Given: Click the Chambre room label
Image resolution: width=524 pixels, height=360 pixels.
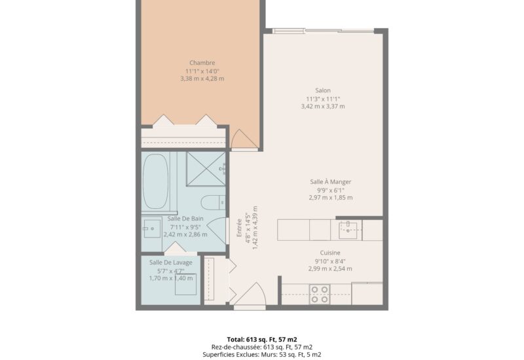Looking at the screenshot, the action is click(x=202, y=63).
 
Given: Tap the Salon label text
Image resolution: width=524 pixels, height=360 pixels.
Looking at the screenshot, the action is click(x=323, y=90).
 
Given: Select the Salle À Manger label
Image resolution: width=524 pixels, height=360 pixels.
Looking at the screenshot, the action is click(x=331, y=182).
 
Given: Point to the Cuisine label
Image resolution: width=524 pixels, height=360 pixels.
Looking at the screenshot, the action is click(x=330, y=253).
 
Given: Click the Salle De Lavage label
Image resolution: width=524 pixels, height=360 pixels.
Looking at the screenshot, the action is click(x=171, y=262).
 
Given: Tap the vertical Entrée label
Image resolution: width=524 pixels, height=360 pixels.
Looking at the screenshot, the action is click(x=239, y=228).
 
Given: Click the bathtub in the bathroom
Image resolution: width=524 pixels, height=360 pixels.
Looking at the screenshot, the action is click(x=155, y=181).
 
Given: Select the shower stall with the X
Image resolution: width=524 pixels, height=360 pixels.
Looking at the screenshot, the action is click(x=206, y=169).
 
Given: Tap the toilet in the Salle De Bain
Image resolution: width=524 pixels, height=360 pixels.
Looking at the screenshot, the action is click(x=214, y=203).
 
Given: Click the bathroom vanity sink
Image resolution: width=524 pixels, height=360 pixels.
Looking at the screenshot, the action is click(x=152, y=228).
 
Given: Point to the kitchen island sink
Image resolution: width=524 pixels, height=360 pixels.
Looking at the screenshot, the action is click(x=348, y=230).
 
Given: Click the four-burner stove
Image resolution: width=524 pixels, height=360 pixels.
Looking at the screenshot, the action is click(x=320, y=295).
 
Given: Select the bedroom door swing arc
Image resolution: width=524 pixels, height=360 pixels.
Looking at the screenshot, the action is click(x=244, y=139).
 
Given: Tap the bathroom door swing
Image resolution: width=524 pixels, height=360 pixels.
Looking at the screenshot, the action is click(x=216, y=231).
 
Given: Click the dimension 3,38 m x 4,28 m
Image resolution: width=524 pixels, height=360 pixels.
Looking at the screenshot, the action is click(x=202, y=79).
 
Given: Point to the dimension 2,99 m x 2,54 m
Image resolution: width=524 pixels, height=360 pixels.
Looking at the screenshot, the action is click(x=330, y=268).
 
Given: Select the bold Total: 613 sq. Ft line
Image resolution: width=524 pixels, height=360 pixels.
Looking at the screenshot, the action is click(x=262, y=340).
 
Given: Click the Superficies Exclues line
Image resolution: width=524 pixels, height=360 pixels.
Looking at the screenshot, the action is click(x=262, y=355).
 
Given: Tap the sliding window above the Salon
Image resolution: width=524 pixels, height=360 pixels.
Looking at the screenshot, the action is click(x=323, y=31).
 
